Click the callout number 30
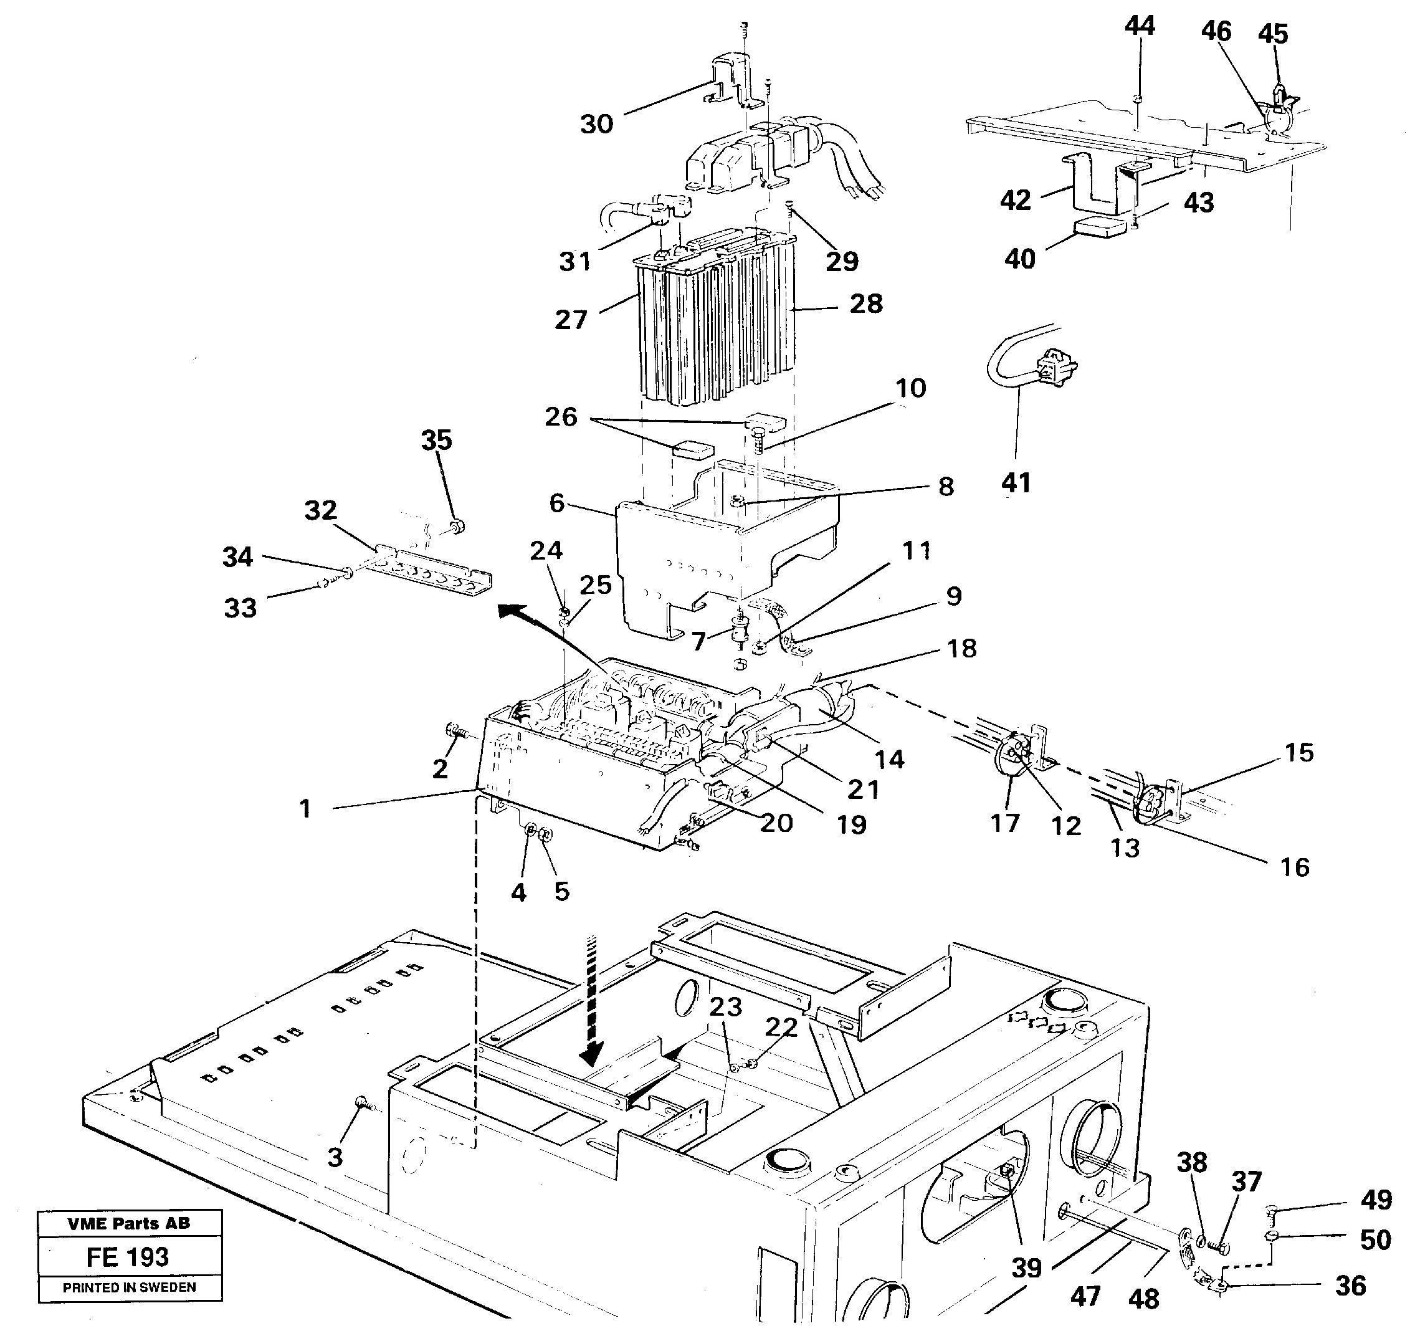pyautogui.click(x=596, y=125)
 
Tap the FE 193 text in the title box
pyautogui.click(x=128, y=1257)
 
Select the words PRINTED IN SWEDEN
pyautogui.click(x=130, y=1287)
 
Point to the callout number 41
pyautogui.click(x=1016, y=482)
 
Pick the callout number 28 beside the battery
pyautogui.click(x=865, y=304)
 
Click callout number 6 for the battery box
pyautogui.click(x=556, y=503)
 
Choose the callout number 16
pyautogui.click(x=1294, y=868)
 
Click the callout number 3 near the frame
pyautogui.click(x=335, y=1157)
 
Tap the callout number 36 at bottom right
pyautogui.click(x=1350, y=1286)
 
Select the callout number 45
pyautogui.click(x=1273, y=34)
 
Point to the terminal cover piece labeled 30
pyautogui.click(x=730, y=82)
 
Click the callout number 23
pyautogui.click(x=725, y=1007)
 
